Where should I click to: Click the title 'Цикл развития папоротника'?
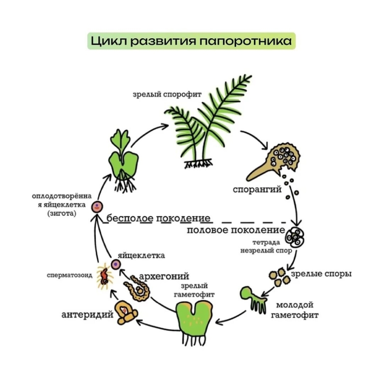pyautogui.click(x=191, y=41)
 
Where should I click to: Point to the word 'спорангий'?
pyautogui.click(x=257, y=189)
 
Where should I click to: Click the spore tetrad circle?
pyautogui.click(x=297, y=237)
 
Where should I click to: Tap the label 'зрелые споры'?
pyautogui.click(x=321, y=274)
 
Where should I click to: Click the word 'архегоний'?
pyautogui.click(x=165, y=276)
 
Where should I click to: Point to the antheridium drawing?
pyautogui.click(x=125, y=312)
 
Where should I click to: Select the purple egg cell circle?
pyautogui.click(x=116, y=265)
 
